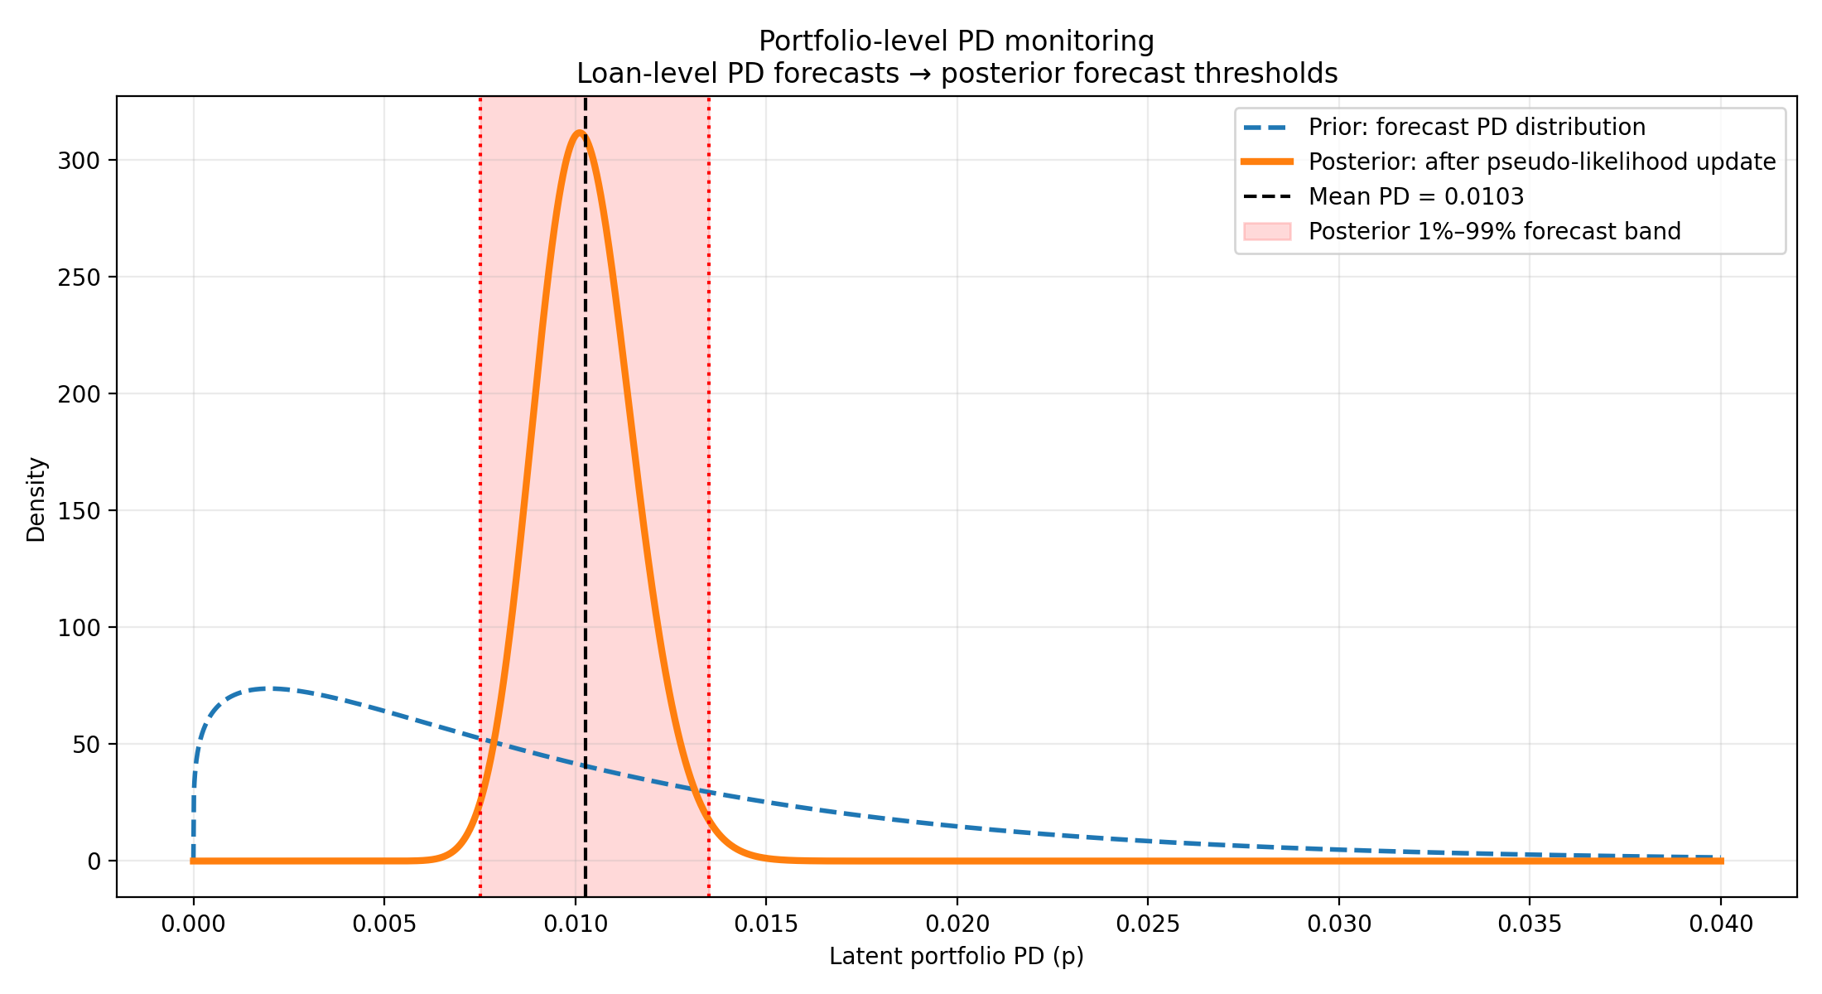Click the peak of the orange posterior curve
(580, 133)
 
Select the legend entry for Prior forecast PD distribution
(1477, 127)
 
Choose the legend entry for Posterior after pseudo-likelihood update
(1541, 162)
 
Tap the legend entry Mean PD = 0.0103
(1415, 196)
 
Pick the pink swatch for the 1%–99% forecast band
(1267, 231)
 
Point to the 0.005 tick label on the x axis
(384, 924)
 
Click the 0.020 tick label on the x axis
(957, 924)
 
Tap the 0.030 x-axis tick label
(1338, 924)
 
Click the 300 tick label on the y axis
(79, 161)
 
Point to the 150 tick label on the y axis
(79, 511)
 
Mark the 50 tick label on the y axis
(86, 745)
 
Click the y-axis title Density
(36, 499)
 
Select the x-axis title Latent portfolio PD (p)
(957, 957)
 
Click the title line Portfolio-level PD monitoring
(957, 41)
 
